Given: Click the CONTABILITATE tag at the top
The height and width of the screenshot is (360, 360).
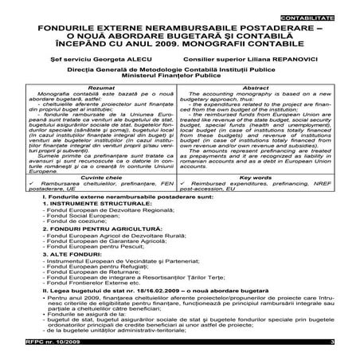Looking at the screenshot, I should pos(325,16).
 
